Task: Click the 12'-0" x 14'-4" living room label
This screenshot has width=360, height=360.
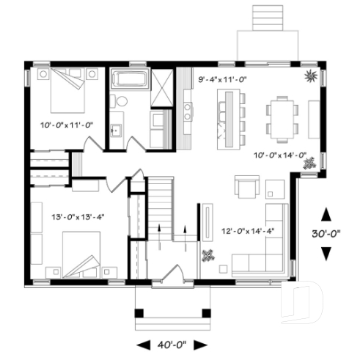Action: [247, 231]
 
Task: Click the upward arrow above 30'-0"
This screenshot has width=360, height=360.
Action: [327, 214]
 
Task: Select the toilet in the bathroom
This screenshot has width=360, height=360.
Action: [120, 100]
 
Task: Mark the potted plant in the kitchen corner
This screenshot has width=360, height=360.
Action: [312, 75]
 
